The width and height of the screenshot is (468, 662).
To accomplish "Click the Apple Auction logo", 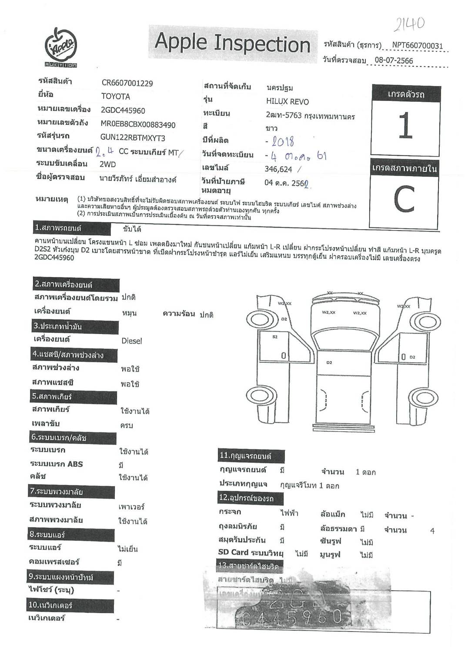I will point(61,47).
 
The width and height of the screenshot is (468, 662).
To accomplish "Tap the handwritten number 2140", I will point(409,24).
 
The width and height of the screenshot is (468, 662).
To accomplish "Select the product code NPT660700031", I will point(417,45).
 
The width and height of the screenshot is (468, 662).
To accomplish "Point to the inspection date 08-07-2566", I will point(394,60).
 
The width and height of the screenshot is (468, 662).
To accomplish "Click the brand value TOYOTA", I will point(116,96).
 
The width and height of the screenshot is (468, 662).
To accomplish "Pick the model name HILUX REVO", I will point(287,102).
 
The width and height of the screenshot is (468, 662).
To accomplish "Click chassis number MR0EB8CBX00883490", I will point(138,124).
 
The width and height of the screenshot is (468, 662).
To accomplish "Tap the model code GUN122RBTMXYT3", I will point(133,137).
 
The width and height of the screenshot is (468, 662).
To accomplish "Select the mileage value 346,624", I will point(278,169).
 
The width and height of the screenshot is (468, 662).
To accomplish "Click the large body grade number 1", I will point(405,126).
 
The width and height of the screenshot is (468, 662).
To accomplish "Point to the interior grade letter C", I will point(404,200).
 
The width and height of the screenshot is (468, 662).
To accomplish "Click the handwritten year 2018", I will point(283,141).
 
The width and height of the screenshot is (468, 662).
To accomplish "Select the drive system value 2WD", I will point(108,164).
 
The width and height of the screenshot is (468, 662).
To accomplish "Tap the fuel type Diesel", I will point(132,341).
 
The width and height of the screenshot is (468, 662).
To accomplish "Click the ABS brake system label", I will point(57,464).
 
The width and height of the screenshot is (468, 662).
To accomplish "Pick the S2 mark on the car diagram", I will point(275,337).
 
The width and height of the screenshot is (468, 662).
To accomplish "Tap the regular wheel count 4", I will point(432,531).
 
